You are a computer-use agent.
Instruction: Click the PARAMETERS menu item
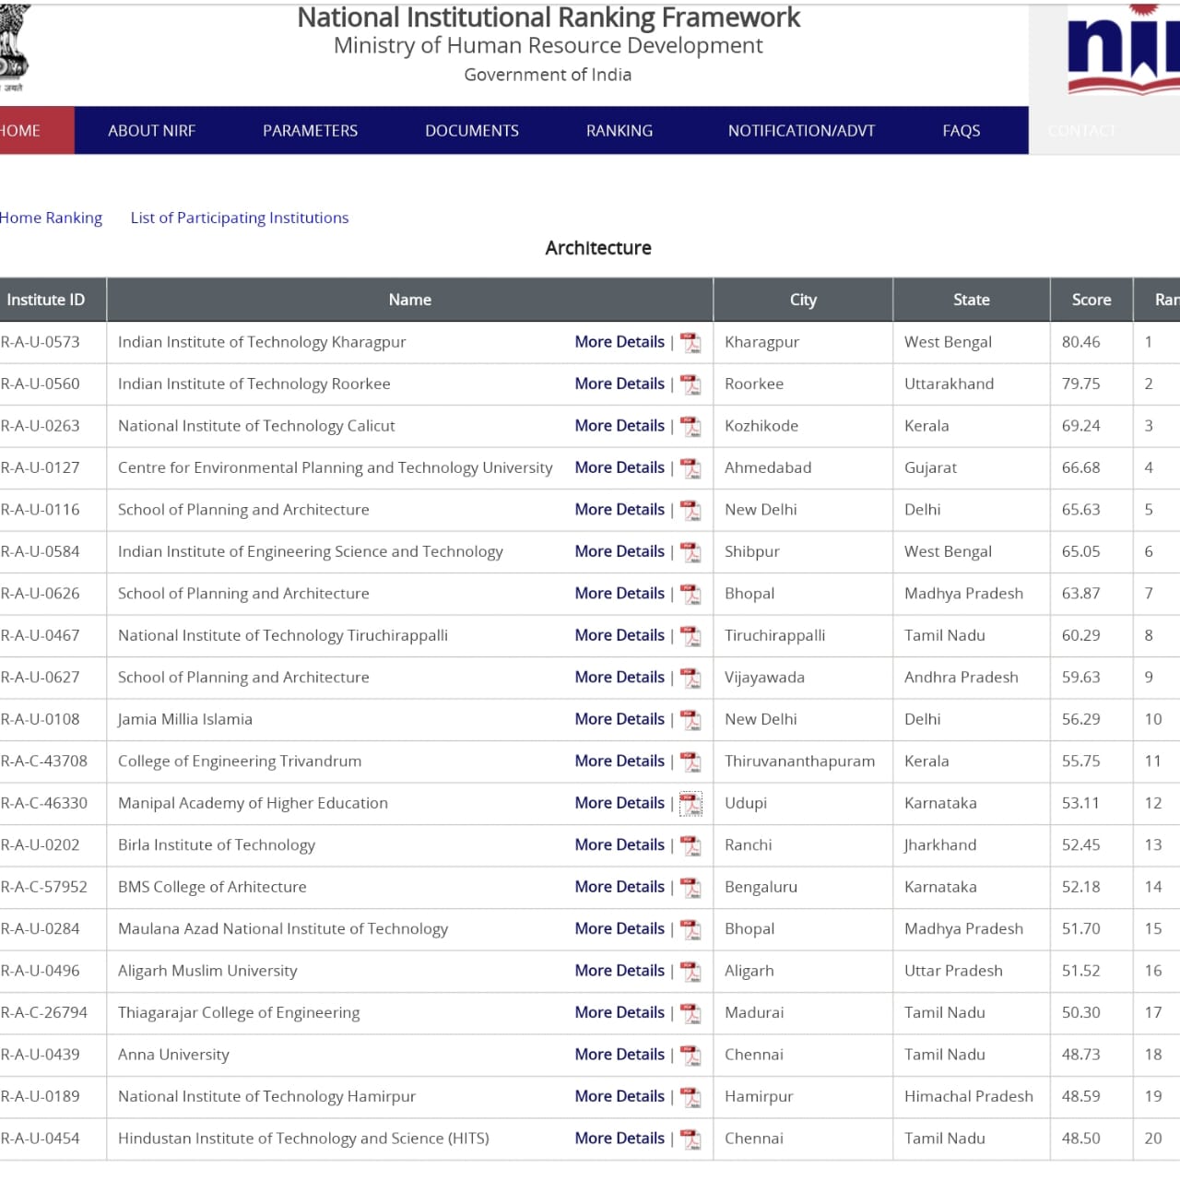[310, 131]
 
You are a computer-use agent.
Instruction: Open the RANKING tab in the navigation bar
[619, 131]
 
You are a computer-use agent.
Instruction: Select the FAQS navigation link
[961, 131]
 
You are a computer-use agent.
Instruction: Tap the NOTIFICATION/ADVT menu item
[801, 131]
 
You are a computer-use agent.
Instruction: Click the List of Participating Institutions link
[240, 218]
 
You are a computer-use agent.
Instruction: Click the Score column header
[1091, 300]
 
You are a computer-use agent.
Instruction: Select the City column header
[803, 300]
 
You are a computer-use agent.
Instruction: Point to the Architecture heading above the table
[598, 248]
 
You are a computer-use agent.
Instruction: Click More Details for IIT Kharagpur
[619, 342]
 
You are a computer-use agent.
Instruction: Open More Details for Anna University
[619, 1055]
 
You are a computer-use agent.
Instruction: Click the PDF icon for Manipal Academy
[690, 804]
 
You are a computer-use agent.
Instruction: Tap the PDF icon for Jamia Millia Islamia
[690, 720]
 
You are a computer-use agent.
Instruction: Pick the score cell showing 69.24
[1080, 426]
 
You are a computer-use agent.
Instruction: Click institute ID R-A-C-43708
[44, 761]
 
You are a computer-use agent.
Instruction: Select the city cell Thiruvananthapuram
[799, 761]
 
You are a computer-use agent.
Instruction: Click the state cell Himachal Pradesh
[968, 1096]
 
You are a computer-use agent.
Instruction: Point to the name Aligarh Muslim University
[207, 971]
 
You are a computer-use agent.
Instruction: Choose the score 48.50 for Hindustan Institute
[1080, 1139]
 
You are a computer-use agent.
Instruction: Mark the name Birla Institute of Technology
[217, 845]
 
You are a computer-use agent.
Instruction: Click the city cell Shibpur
[751, 551]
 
